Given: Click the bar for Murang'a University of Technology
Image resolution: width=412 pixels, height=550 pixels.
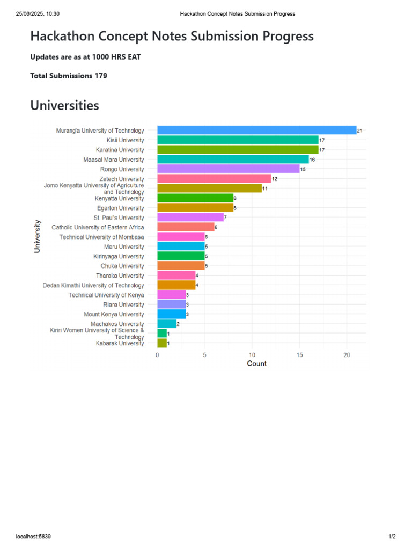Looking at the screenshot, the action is [257, 130].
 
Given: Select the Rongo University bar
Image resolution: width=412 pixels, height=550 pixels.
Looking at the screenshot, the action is [229, 169].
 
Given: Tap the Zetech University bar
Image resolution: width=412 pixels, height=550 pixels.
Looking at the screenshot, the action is [214, 178].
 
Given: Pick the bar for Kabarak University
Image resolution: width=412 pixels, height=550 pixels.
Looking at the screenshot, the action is [162, 343].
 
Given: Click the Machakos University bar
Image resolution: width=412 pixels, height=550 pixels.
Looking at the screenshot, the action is [167, 324].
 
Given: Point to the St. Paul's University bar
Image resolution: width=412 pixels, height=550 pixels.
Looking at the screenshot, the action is [190, 218].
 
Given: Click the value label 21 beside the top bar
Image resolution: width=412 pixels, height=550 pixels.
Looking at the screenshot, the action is [360, 131].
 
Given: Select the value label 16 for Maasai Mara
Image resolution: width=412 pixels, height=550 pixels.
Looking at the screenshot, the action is [312, 160].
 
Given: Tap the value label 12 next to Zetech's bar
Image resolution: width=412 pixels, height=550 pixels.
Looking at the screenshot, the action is [274, 179].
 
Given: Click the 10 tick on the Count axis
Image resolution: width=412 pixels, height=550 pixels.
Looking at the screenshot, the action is [252, 355].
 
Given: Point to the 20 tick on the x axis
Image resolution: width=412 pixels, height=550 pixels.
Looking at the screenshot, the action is [347, 355].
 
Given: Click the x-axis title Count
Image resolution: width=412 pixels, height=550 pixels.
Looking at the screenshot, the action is [257, 364].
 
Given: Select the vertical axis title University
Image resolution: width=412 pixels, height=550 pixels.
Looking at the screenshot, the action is [37, 236].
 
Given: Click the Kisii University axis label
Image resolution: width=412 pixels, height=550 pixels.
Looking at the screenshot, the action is [125, 140].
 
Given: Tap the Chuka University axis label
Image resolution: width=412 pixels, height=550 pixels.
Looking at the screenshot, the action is [122, 266].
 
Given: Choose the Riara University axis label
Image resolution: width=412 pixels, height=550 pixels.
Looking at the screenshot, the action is [123, 305].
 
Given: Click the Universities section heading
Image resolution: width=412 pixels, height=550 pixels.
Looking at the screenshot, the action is [65, 106].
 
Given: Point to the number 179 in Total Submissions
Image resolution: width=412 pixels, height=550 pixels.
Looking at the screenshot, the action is [101, 76].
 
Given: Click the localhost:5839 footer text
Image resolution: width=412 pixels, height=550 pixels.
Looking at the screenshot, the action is [33, 537].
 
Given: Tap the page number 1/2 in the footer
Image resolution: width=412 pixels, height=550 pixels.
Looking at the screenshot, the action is [392, 537].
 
